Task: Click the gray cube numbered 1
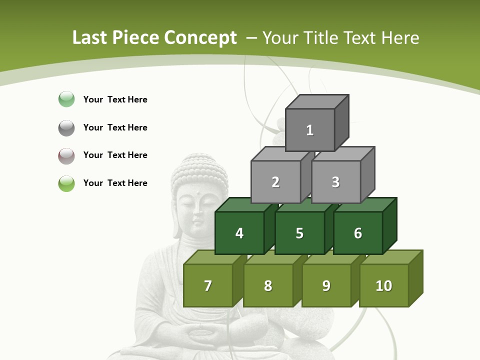pyautogui.click(x=310, y=130)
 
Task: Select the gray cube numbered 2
pyautogui.click(x=275, y=182)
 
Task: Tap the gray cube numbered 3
pyautogui.click(x=335, y=182)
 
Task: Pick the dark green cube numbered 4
pyautogui.click(x=239, y=233)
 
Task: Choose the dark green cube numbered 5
pyautogui.click(x=299, y=233)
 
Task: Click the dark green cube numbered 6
pyautogui.click(x=357, y=233)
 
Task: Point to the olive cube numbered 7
pyautogui.click(x=208, y=285)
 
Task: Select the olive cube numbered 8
pyautogui.click(x=268, y=285)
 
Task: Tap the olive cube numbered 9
pyautogui.click(x=326, y=285)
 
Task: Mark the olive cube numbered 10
pyautogui.click(x=383, y=285)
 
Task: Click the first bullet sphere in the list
pyautogui.click(x=66, y=99)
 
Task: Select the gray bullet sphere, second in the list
pyautogui.click(x=66, y=127)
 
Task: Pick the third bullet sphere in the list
pyautogui.click(x=66, y=155)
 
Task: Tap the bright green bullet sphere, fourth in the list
pyautogui.click(x=66, y=183)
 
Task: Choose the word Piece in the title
pyautogui.click(x=135, y=38)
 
